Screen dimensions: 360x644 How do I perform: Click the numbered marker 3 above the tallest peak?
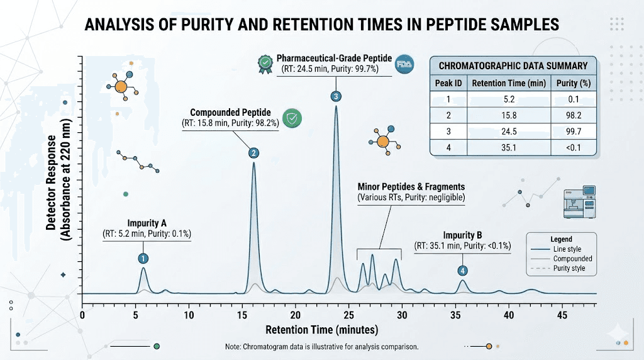click(336, 96)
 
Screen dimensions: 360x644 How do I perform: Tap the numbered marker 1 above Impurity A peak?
click(143, 258)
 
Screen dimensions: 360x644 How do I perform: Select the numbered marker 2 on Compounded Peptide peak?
click(253, 152)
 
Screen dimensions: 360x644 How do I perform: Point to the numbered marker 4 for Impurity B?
click(463, 271)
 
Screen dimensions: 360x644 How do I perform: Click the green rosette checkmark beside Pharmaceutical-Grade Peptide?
click(264, 62)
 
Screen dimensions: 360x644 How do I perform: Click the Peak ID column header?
click(448, 83)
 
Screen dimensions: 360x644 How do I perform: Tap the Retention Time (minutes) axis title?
click(321, 330)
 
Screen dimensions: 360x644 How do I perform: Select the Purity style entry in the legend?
click(569, 268)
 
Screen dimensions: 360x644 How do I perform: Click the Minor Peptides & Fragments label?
click(411, 187)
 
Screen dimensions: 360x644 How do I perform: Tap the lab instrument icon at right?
click(579, 202)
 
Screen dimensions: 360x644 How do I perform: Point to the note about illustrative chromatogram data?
click(321, 347)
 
